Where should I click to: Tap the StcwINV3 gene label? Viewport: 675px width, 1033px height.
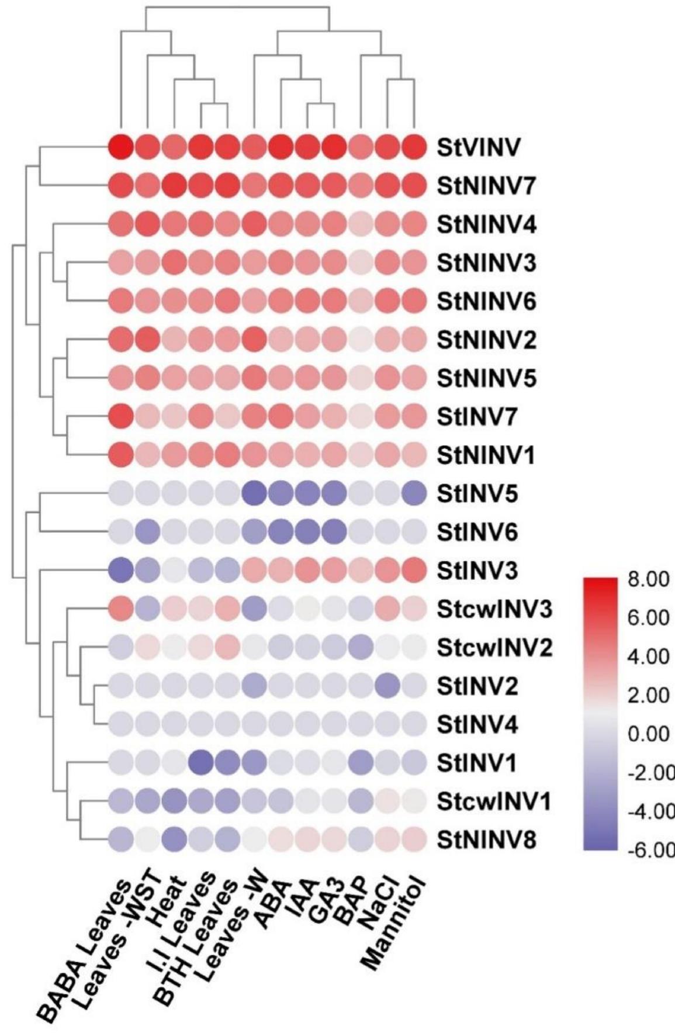[x=493, y=609]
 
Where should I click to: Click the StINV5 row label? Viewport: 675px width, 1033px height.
[x=477, y=494]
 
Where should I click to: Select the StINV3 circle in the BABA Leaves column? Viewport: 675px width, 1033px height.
[x=121, y=570]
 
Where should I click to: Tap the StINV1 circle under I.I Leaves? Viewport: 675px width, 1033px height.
[x=201, y=762]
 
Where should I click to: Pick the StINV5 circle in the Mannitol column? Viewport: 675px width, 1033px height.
[x=414, y=493]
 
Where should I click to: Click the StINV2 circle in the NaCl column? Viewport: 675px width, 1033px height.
[x=387, y=686]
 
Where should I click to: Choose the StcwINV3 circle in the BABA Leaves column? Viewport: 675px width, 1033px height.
[x=121, y=609]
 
